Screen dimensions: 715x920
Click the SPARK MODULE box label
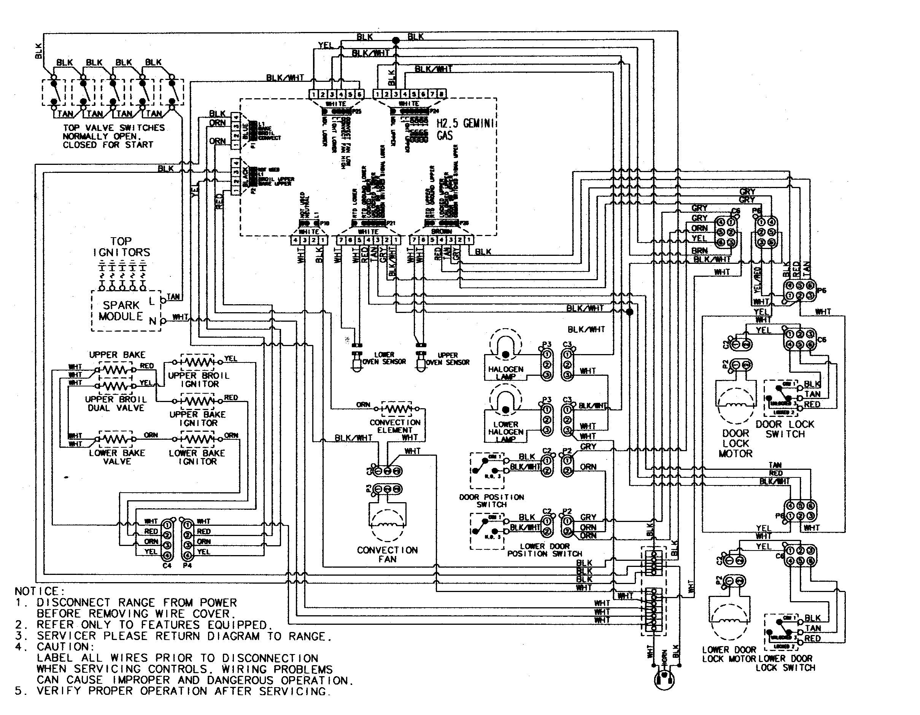click(121, 311)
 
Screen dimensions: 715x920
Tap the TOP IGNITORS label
click(121, 247)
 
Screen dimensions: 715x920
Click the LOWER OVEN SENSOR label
click(384, 358)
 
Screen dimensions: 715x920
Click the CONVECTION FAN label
click(387, 554)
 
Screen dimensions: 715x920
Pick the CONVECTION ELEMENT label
click(395, 426)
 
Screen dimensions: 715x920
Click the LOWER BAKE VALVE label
click(117, 457)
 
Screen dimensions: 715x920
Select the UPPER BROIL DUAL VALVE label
click(116, 404)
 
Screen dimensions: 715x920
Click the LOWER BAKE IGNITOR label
click(197, 457)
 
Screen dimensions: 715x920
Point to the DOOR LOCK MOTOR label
click(736, 444)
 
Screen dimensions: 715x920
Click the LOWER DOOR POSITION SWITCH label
click(544, 550)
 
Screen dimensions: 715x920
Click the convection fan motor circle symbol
click(387, 525)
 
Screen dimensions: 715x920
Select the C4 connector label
click(167, 565)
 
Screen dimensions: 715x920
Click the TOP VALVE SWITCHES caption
click(114, 136)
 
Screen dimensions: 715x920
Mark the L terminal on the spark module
click(152, 301)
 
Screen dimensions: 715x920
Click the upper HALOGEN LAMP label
click(505, 373)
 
